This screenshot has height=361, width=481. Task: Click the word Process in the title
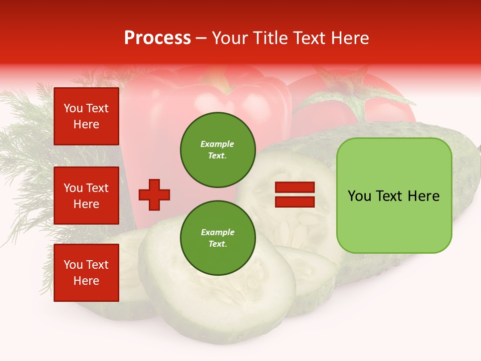click(x=157, y=38)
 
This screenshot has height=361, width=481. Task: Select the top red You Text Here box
click(x=86, y=116)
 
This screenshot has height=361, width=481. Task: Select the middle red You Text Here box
click(x=86, y=196)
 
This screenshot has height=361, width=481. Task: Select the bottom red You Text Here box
click(x=86, y=273)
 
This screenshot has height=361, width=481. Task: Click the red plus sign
click(x=154, y=195)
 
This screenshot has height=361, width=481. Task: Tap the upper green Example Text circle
click(x=217, y=150)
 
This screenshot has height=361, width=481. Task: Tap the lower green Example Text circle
click(x=217, y=238)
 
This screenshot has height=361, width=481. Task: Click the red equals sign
click(x=295, y=195)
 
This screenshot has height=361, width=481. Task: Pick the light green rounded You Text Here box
click(x=394, y=195)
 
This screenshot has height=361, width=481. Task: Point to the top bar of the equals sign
click(x=295, y=188)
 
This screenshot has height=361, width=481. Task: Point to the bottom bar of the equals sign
click(x=295, y=202)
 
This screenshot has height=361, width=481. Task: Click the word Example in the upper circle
click(x=217, y=144)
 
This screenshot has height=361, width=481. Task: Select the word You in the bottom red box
click(x=73, y=265)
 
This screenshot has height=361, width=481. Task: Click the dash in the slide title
click(x=201, y=38)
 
